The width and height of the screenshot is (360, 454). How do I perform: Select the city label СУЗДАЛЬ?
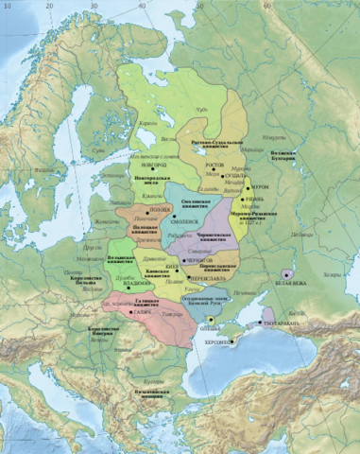tap(236, 186)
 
